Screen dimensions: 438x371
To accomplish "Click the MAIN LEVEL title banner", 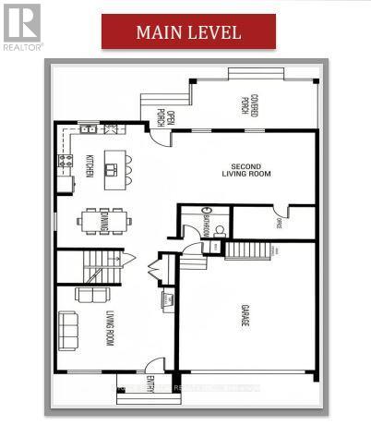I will click(x=188, y=31).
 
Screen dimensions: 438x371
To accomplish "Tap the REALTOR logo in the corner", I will click(x=20, y=25).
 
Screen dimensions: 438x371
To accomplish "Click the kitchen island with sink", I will click(x=114, y=167).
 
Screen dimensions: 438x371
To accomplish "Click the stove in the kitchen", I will click(x=65, y=164).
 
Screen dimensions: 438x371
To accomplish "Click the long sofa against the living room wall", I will click(x=67, y=328).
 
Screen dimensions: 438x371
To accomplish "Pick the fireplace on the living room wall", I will click(x=169, y=298).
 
